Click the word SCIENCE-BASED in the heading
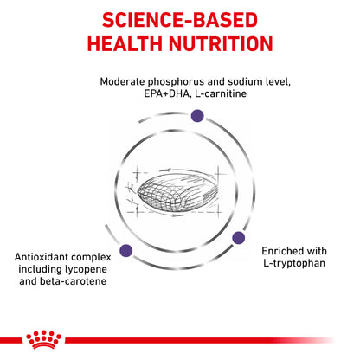[180, 20]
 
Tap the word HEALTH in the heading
[125, 44]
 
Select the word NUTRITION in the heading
[221, 44]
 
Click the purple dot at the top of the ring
[197, 116]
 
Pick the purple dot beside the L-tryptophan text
[239, 238]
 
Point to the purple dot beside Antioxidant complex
[126, 250]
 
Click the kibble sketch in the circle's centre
[177, 192]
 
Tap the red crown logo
[44, 339]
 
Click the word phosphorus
[177, 82]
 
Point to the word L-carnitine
[221, 93]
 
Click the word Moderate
[122, 81]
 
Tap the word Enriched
[280, 251]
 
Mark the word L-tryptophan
[294, 264]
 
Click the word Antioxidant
[41, 257]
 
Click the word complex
[91, 258]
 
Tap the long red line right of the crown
[200, 341]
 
